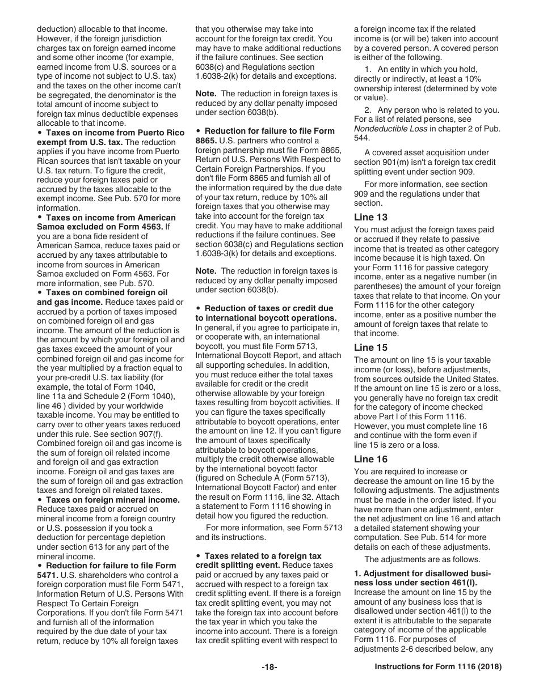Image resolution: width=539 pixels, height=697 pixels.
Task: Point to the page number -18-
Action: [x=269, y=667]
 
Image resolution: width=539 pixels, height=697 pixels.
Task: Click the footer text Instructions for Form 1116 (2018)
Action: [x=438, y=667]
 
